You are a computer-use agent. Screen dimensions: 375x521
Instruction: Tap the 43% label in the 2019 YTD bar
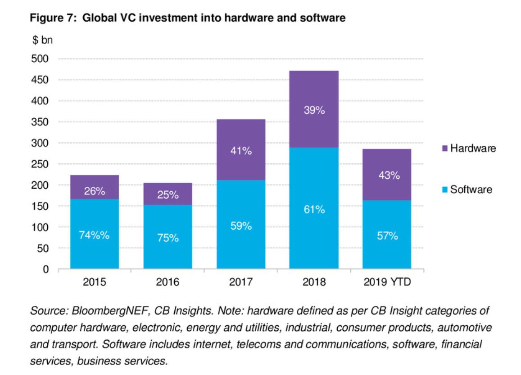tap(387, 176)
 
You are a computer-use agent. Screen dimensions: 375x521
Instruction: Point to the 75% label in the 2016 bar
tap(168, 238)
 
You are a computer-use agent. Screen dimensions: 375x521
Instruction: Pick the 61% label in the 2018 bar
tap(314, 210)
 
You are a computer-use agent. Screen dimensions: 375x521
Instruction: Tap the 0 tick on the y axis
tap(45, 269)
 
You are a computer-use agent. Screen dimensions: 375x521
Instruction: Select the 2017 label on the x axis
tap(241, 282)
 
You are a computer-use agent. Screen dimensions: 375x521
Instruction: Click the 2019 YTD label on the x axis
tap(387, 282)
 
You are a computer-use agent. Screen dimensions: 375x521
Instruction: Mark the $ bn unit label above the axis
tap(41, 41)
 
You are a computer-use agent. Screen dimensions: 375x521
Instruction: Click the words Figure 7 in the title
tap(50, 19)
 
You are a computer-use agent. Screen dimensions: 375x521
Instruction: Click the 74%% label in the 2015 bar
tap(95, 236)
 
